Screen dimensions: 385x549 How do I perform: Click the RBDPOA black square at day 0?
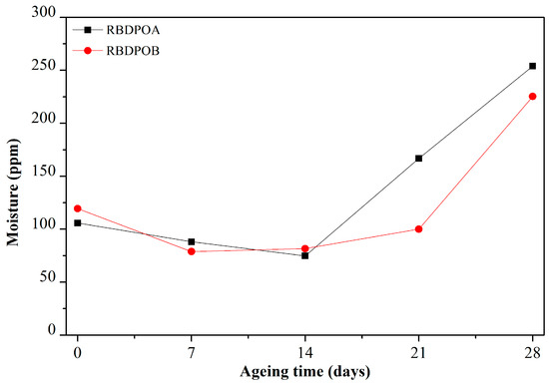point(78,222)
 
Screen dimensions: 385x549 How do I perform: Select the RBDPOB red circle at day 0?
point(78,208)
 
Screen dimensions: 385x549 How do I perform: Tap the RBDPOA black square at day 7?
point(192,241)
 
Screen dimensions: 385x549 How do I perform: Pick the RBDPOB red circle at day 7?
point(192,251)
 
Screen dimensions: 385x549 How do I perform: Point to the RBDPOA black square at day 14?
point(305,255)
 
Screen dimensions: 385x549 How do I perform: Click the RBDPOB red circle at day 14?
point(305,248)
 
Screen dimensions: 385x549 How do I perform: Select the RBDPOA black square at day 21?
point(419,158)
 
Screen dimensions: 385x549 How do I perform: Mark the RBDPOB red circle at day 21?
point(419,229)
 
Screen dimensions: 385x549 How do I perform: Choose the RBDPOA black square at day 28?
point(533,66)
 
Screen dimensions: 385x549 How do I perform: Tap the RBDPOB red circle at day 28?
point(533,97)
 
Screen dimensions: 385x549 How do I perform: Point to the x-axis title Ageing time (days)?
point(305,372)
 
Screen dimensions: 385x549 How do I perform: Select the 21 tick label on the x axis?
point(419,351)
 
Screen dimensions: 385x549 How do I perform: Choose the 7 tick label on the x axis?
point(192,351)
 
